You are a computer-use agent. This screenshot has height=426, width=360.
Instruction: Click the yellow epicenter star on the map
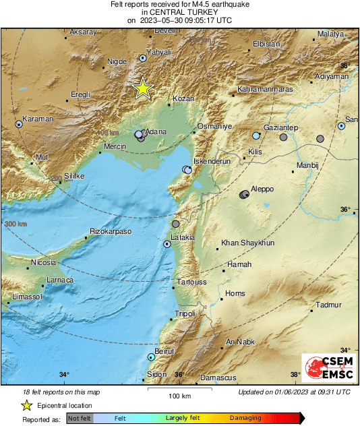click(x=142, y=88)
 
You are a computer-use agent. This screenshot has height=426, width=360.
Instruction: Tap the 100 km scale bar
click(x=179, y=393)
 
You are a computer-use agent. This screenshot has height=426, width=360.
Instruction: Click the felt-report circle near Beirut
click(x=151, y=357)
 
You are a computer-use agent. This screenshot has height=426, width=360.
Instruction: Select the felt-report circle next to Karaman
click(x=19, y=124)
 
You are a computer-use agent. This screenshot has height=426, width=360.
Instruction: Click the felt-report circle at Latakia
click(x=167, y=244)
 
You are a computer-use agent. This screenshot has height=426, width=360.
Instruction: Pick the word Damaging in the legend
click(x=245, y=418)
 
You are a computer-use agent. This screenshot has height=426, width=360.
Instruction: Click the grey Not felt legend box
click(x=80, y=418)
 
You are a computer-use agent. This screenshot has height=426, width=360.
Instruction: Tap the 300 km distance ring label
click(x=16, y=224)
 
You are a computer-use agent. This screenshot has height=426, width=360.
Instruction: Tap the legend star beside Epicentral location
click(x=26, y=405)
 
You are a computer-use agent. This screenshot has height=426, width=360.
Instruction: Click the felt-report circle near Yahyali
click(x=143, y=59)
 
